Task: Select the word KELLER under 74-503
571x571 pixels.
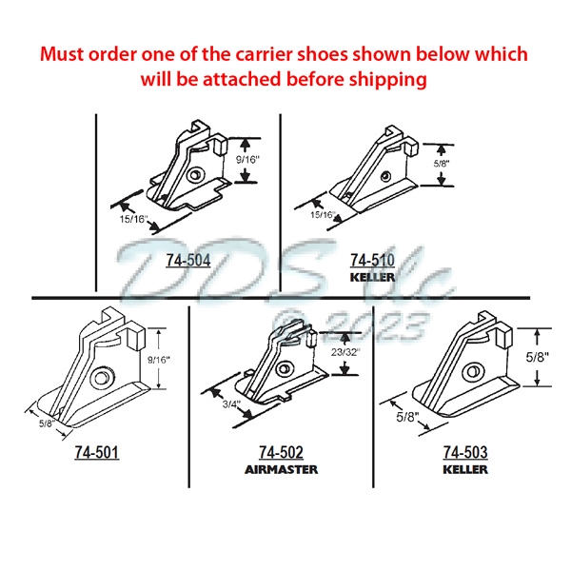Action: click(464, 469)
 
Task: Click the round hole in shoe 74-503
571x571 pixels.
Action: click(469, 373)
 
